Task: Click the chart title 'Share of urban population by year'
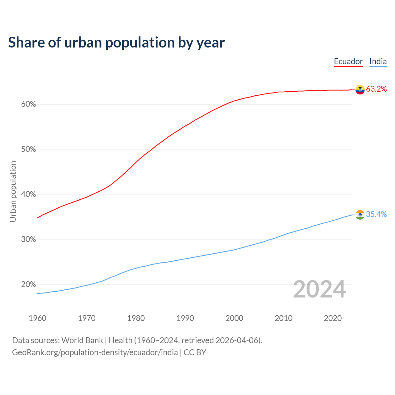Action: click(x=116, y=43)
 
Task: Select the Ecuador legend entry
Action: click(x=348, y=61)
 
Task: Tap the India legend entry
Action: click(x=378, y=61)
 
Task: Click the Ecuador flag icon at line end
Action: click(x=360, y=89)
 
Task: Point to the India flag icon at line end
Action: click(x=360, y=214)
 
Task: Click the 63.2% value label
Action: click(x=376, y=89)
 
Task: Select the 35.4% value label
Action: click(x=376, y=214)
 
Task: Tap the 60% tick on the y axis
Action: click(x=28, y=104)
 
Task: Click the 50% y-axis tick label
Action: click(x=28, y=149)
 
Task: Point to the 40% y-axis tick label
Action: click(x=28, y=194)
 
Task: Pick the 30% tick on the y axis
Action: click(x=28, y=239)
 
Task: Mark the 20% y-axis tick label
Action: click(x=28, y=285)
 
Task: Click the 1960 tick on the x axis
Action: click(x=37, y=318)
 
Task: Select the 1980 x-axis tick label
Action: click(x=136, y=318)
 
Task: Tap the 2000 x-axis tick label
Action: click(x=234, y=318)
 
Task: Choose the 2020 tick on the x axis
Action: click(x=333, y=318)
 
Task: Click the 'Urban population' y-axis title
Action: click(x=13, y=191)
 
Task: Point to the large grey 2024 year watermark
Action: click(x=319, y=289)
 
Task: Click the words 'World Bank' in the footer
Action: click(x=82, y=340)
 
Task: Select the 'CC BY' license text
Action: click(x=195, y=352)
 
